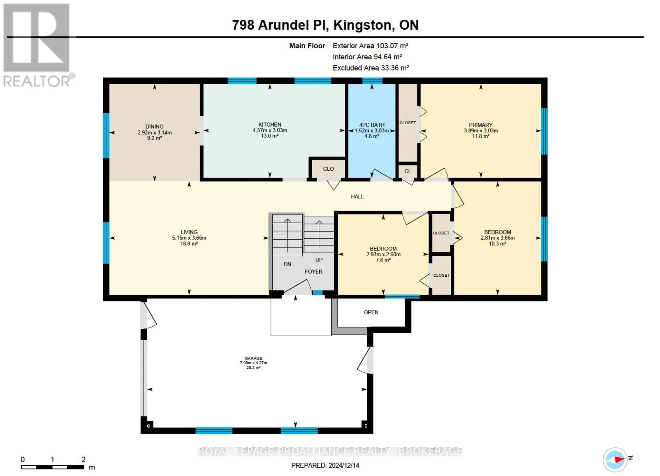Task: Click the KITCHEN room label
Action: click(x=270, y=125)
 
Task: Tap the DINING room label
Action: click(x=154, y=127)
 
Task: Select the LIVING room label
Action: click(x=189, y=232)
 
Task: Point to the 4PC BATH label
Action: click(x=372, y=125)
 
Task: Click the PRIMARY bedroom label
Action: click(x=481, y=125)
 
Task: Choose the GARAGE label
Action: click(x=253, y=358)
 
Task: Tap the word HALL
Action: click(x=357, y=196)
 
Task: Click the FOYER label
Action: click(x=313, y=271)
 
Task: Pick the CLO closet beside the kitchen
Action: click(x=328, y=169)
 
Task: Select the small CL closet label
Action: click(x=408, y=171)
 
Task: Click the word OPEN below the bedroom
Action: click(x=371, y=312)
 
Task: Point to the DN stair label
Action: click(x=288, y=264)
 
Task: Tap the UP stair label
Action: click(x=319, y=260)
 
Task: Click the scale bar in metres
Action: click(x=52, y=467)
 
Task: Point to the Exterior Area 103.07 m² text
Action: click(x=370, y=46)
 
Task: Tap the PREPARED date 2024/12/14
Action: click(x=325, y=465)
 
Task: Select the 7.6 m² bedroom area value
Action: click(x=383, y=260)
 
